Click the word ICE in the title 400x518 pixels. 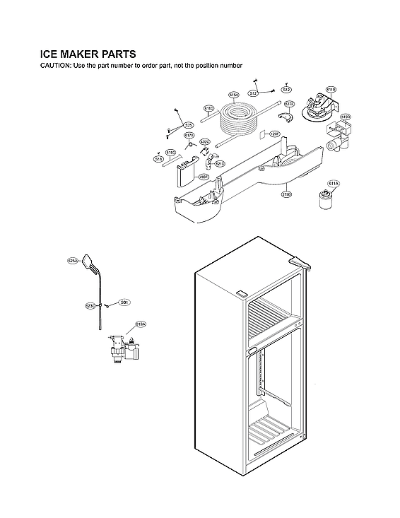51,54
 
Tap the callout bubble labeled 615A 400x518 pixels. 234,94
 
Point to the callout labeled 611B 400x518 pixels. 331,90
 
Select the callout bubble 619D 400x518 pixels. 345,117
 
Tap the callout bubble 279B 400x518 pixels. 286,193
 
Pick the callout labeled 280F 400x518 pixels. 203,177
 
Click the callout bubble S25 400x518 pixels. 188,124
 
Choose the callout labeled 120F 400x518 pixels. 276,134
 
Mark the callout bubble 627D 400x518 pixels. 289,104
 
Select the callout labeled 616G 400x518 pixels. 170,152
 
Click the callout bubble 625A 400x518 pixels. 72,261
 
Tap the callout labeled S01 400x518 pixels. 124,302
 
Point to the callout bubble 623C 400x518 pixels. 90,306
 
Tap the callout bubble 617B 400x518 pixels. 189,135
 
